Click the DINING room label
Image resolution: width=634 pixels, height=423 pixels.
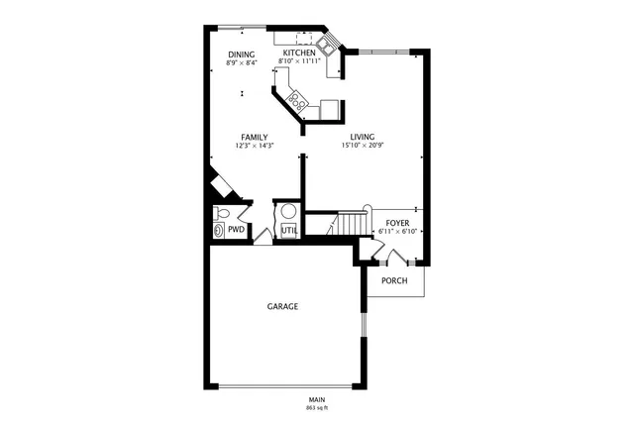(x=242, y=54)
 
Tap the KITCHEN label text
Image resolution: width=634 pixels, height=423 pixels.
(x=299, y=53)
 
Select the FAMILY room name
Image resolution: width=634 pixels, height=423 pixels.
(x=254, y=137)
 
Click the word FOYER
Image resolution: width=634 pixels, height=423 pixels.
(x=397, y=223)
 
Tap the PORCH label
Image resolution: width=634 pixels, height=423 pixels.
(x=395, y=280)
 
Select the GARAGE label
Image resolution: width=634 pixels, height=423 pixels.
(x=282, y=306)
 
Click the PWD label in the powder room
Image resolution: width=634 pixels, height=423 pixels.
(x=236, y=230)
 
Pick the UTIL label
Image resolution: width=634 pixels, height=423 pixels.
(x=288, y=231)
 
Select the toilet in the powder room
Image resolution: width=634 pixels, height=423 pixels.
(x=222, y=213)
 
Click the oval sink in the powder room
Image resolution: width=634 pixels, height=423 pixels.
(x=219, y=230)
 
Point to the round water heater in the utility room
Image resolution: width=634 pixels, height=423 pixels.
(x=288, y=210)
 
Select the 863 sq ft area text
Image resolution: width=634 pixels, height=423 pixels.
(x=316, y=407)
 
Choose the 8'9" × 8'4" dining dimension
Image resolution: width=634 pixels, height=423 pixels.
(x=242, y=63)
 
